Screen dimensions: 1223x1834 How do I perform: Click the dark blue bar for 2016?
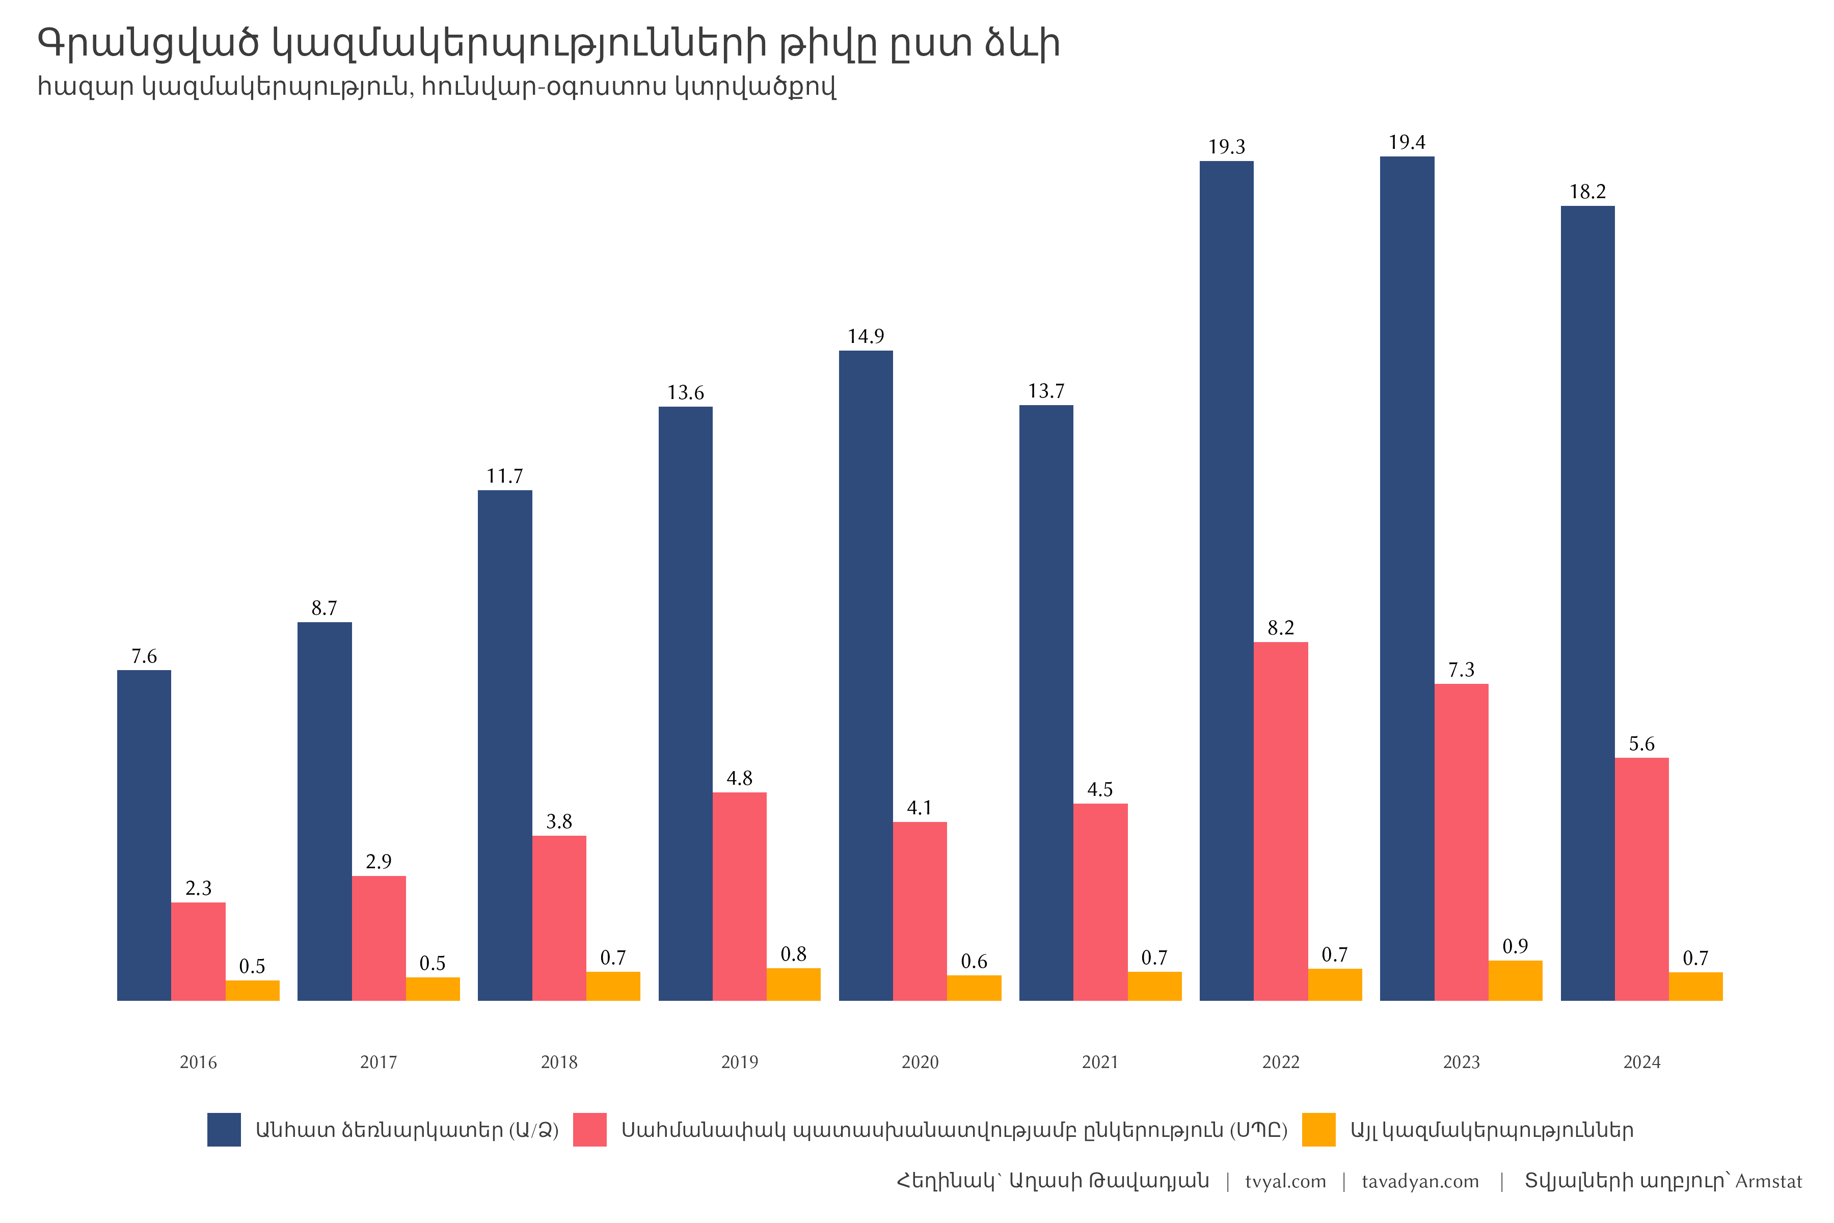click(x=144, y=835)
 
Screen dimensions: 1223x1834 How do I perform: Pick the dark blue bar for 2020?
click(x=866, y=676)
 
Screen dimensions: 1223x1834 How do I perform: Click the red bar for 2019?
click(x=739, y=896)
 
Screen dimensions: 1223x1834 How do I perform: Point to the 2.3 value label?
click(x=198, y=888)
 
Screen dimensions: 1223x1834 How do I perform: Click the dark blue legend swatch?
click(x=224, y=1129)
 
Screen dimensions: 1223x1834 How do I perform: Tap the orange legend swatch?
click(x=1318, y=1129)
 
